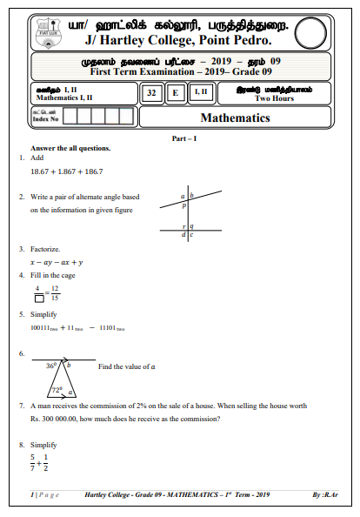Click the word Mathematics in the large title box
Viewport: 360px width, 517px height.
click(x=236, y=117)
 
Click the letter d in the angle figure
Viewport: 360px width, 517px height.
click(x=183, y=235)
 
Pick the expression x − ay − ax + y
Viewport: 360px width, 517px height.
click(x=56, y=261)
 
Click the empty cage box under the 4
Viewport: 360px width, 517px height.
click(x=37, y=299)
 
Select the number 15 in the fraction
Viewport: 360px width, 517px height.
click(x=56, y=299)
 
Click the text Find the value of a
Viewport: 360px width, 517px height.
click(x=127, y=367)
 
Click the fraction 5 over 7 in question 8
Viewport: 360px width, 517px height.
click(x=33, y=462)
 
